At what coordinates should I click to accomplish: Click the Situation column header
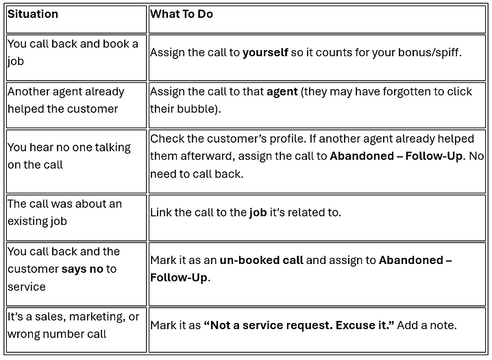33,14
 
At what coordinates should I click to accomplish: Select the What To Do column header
182,14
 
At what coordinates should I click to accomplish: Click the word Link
162,213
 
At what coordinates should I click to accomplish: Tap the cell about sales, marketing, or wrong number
73,326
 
